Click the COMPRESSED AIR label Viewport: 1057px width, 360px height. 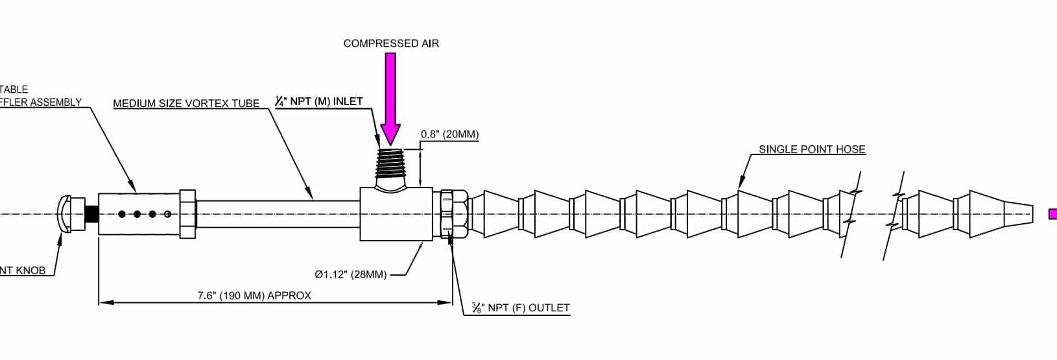pos(391,43)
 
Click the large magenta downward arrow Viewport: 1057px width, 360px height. pos(390,97)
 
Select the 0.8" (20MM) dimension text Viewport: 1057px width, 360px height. pos(449,135)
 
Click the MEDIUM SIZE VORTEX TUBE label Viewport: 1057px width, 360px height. pos(186,103)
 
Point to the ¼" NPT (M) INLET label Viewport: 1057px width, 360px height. pos(318,102)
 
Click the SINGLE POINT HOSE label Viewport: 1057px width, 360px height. pos(812,149)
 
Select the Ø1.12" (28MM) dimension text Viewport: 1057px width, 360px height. pos(350,274)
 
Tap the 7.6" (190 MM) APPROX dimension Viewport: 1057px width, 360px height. pos(254,296)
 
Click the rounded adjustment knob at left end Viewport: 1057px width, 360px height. pos(65,213)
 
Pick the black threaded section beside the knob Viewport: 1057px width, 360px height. pos(91,213)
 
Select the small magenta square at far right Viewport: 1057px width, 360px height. pos(1052,213)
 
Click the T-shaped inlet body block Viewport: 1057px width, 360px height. pos(396,214)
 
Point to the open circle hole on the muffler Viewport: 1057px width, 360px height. pos(168,213)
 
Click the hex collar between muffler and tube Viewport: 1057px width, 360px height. pos(187,214)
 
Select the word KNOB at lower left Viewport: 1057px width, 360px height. pos(30,270)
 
